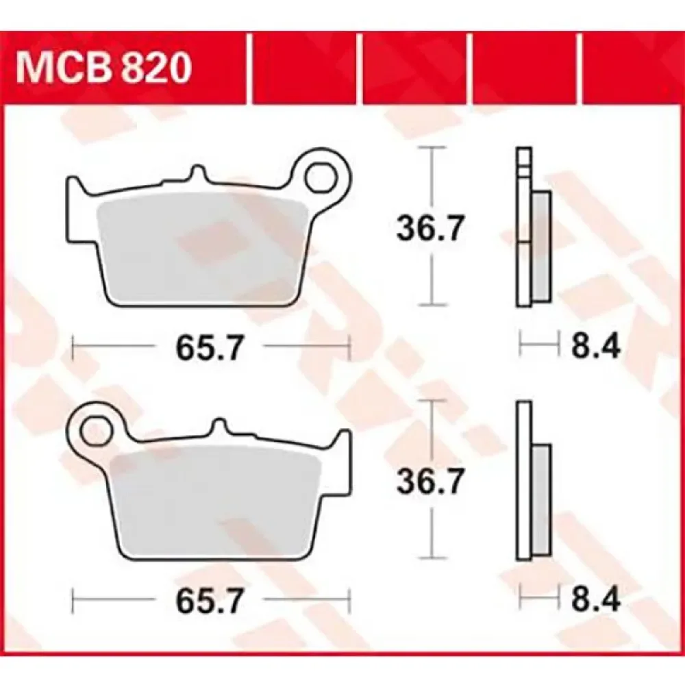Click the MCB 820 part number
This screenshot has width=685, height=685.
pos(103,68)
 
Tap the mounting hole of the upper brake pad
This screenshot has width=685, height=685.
pos(323,178)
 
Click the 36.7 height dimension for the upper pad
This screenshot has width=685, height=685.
pos(429,227)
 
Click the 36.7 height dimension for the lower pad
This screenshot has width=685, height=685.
pos(429,481)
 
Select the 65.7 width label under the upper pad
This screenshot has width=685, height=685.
pos(208,348)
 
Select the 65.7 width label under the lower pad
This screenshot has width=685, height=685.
pos(208,601)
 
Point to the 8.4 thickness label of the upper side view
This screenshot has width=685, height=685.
pos(596,348)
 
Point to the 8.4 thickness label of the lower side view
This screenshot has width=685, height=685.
pos(596,601)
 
